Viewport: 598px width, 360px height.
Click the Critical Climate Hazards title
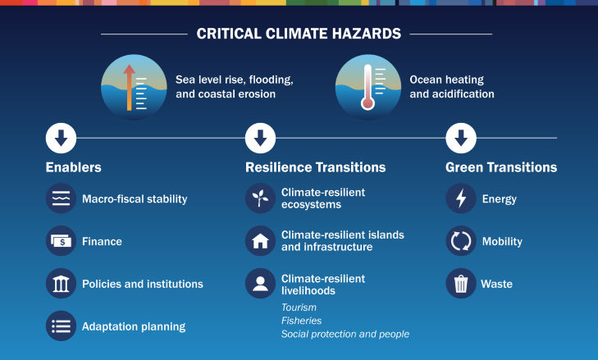299,34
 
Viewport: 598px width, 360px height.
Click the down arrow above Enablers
61,138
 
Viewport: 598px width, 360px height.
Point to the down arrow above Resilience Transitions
260,138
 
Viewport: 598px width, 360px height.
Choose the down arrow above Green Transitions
460,138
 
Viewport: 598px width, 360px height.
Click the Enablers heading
74,167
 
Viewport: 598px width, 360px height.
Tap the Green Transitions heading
501,167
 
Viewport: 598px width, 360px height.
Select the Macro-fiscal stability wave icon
61,198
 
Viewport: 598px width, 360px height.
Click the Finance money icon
61,241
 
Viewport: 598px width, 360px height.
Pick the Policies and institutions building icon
61,284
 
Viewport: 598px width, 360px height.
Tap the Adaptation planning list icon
61,326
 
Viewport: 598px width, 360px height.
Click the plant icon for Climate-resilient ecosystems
260,198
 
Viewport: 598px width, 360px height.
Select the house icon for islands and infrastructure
260,241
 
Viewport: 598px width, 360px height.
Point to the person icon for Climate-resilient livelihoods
260,284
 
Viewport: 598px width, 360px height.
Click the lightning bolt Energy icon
460,198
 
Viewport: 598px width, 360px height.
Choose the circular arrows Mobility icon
460,241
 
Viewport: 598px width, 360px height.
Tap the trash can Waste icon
460,284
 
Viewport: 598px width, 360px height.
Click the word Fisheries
301,321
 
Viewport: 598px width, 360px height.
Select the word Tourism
299,308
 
